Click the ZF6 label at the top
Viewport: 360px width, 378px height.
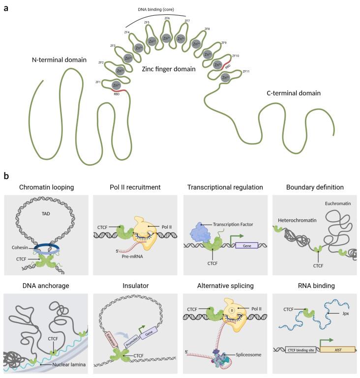pyautogui.click(x=167, y=18)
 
